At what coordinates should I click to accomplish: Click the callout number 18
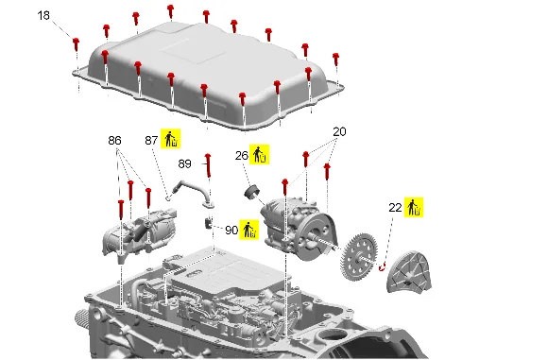(43, 16)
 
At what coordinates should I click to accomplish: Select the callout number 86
(114, 141)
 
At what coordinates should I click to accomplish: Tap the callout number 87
(151, 141)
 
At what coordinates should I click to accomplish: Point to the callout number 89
(184, 163)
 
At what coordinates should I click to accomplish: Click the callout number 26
(242, 156)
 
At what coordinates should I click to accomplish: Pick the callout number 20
(339, 131)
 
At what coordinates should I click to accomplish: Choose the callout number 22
(395, 208)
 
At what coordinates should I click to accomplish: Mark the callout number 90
(231, 230)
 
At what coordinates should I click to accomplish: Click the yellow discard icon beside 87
(171, 138)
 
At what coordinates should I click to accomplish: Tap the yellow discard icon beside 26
(259, 154)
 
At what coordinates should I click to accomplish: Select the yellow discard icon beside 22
(414, 207)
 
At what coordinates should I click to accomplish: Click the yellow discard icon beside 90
(248, 230)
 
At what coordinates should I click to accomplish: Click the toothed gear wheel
(359, 257)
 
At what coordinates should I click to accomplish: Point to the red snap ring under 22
(382, 267)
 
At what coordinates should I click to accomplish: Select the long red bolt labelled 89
(208, 165)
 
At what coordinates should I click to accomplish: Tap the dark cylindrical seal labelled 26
(251, 193)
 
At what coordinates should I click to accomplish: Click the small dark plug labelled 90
(209, 223)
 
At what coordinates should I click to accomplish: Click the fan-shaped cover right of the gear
(409, 272)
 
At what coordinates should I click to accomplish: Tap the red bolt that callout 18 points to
(76, 44)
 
